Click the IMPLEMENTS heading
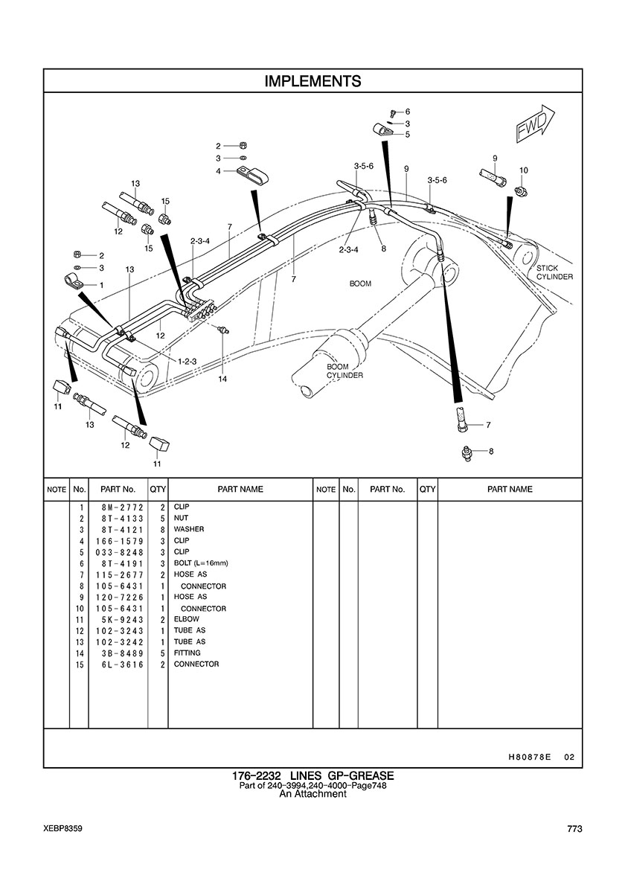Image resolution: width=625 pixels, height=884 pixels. click(312, 81)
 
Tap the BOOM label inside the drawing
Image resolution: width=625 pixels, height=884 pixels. click(360, 284)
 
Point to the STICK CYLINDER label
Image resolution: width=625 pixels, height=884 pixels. click(554, 272)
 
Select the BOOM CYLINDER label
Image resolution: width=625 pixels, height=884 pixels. click(344, 371)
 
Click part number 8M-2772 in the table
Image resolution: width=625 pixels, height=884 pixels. click(116, 507)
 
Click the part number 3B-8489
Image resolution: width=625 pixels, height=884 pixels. click(116, 653)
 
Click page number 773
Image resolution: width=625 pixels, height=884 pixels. click(573, 829)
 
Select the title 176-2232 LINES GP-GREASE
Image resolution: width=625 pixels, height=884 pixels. click(312, 776)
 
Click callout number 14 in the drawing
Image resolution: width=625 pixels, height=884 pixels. click(222, 379)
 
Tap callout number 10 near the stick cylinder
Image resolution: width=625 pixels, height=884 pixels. click(524, 170)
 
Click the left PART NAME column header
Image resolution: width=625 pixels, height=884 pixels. click(240, 490)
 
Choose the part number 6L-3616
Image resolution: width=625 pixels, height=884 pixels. click(116, 664)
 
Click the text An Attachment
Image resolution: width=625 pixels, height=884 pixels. click(312, 794)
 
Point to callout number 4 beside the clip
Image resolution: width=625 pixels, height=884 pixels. click(218, 171)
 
